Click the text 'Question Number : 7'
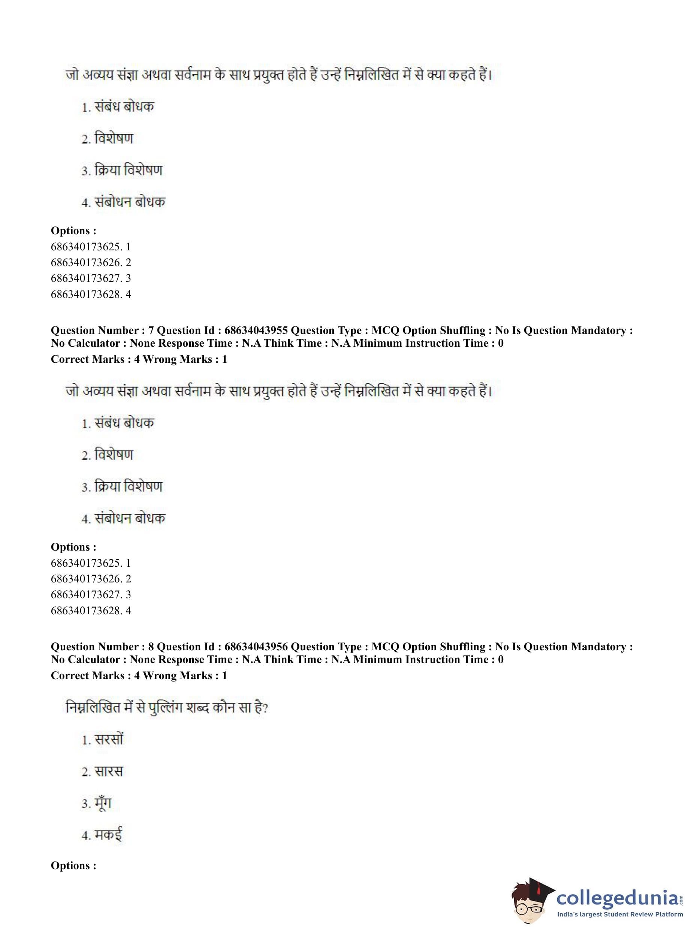tap(102, 330)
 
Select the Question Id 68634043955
tap(256, 330)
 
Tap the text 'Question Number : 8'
tap(102, 647)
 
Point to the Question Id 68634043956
tap(256, 647)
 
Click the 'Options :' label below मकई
tap(73, 865)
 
